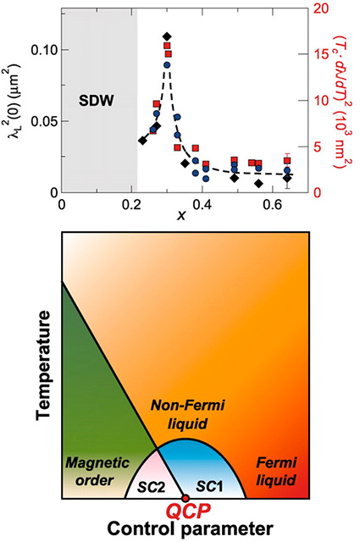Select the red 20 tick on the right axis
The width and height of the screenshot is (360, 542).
320,8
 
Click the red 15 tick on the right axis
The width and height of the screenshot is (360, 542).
320,54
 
